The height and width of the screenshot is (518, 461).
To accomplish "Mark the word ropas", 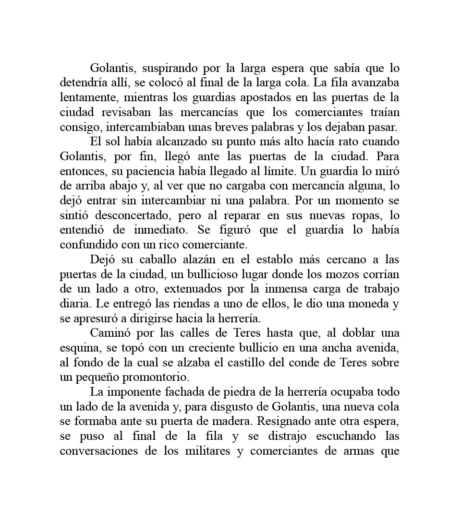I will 363,215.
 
